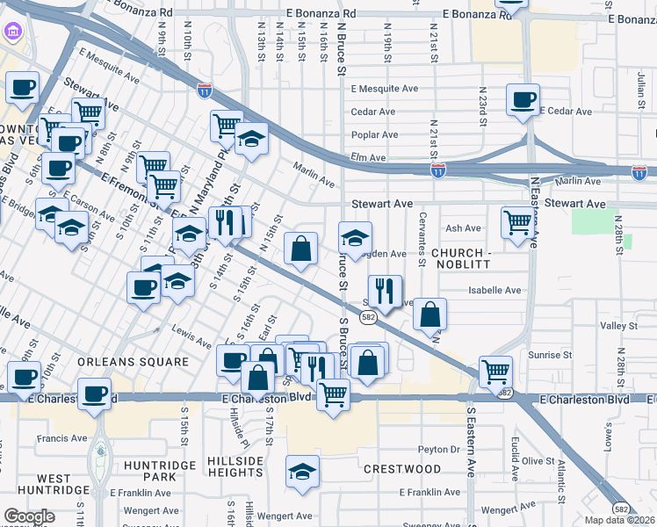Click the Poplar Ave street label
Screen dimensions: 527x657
(374, 135)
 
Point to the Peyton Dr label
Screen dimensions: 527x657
(439, 449)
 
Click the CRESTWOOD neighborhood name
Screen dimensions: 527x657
(403, 469)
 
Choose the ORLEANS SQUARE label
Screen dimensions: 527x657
(133, 362)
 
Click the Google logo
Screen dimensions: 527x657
(30, 516)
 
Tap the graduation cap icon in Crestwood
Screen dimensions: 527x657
(302, 472)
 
